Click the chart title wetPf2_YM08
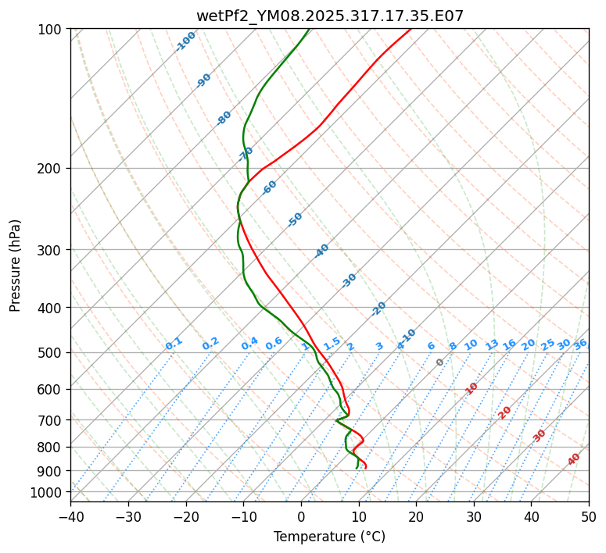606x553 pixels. (329, 16)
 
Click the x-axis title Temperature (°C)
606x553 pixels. (329, 537)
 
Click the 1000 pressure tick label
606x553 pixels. (46, 492)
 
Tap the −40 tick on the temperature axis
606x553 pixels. (70, 516)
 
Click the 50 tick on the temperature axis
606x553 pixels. (589, 516)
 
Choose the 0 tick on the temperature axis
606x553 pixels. (301, 516)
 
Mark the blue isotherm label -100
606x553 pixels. (185, 41)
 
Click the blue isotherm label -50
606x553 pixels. (295, 219)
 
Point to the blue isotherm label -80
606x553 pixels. (224, 118)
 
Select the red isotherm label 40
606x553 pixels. (574, 459)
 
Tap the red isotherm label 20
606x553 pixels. (505, 412)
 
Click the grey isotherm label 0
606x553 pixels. (440, 362)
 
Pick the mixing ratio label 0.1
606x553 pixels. (174, 343)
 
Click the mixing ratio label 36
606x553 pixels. (580, 344)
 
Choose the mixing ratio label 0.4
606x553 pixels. (249, 344)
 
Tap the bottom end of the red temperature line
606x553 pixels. (366, 469)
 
